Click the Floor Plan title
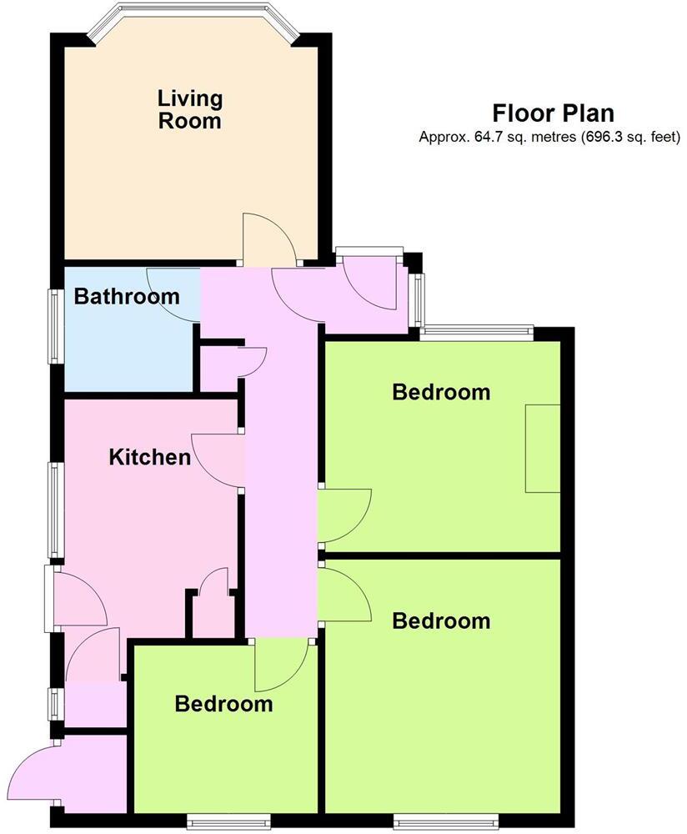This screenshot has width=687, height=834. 553,113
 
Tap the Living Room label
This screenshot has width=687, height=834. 190,109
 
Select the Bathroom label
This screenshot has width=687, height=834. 126,296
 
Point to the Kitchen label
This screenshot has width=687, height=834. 150,457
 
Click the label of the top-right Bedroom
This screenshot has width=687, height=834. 441,391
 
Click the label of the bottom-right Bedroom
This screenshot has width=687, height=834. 441,620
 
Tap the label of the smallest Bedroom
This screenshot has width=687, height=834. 223,704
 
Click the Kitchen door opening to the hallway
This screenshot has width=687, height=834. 218,461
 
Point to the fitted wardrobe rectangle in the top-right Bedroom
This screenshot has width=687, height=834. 542,449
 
